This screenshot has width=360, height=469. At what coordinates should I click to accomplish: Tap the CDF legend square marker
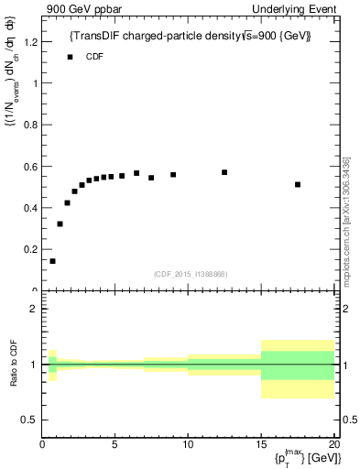click(x=70, y=57)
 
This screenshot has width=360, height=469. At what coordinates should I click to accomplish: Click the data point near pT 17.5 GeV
click(x=298, y=184)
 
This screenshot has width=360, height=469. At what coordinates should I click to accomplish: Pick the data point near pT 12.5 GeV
click(x=224, y=172)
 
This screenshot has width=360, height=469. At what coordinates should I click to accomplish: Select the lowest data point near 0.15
click(x=52, y=261)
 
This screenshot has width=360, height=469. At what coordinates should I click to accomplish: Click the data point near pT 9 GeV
click(x=173, y=174)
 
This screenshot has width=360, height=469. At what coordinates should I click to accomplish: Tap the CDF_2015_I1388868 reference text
click(x=191, y=274)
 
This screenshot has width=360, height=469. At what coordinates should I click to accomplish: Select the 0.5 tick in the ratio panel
click(x=32, y=420)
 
